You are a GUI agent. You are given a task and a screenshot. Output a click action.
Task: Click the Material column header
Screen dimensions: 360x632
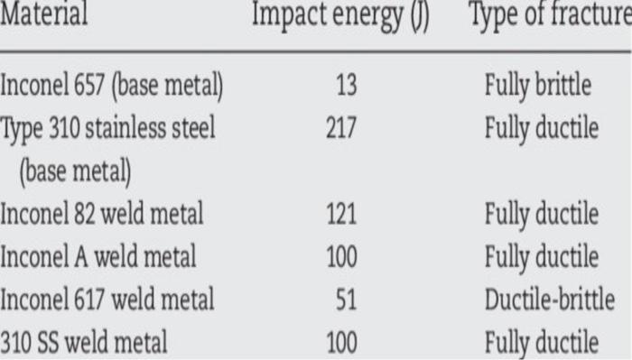coord(44,16)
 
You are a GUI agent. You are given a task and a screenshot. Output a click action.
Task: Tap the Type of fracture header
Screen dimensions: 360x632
coord(549,17)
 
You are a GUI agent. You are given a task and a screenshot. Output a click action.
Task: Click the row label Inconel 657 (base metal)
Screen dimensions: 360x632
coord(112,87)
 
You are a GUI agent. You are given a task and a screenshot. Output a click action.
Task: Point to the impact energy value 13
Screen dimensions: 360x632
coord(346,87)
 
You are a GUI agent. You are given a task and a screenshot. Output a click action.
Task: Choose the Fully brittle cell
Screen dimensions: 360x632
coord(537,87)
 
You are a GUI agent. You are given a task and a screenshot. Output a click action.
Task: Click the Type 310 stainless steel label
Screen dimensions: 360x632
coord(107,128)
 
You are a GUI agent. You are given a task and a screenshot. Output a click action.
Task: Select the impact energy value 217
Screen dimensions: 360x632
coord(341,128)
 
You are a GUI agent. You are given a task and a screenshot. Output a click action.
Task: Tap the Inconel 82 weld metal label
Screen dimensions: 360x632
coord(102,215)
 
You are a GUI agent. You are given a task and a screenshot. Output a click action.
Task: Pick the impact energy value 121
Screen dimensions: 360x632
coord(341,215)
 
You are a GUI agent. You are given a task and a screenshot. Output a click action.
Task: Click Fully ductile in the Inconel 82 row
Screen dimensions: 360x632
coord(541,215)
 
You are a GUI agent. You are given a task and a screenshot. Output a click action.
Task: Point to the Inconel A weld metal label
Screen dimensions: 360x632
coord(98,257)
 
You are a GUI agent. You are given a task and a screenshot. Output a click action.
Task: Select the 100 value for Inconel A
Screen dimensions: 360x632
coord(341,257)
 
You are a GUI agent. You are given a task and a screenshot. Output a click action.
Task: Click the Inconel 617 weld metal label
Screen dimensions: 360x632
coord(107,300)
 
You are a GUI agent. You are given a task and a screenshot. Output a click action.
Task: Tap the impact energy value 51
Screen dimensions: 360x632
coord(346,300)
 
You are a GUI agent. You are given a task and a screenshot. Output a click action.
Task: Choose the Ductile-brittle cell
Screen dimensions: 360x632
coord(549,300)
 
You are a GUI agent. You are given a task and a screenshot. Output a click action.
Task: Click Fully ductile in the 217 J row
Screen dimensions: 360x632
coord(541,128)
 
